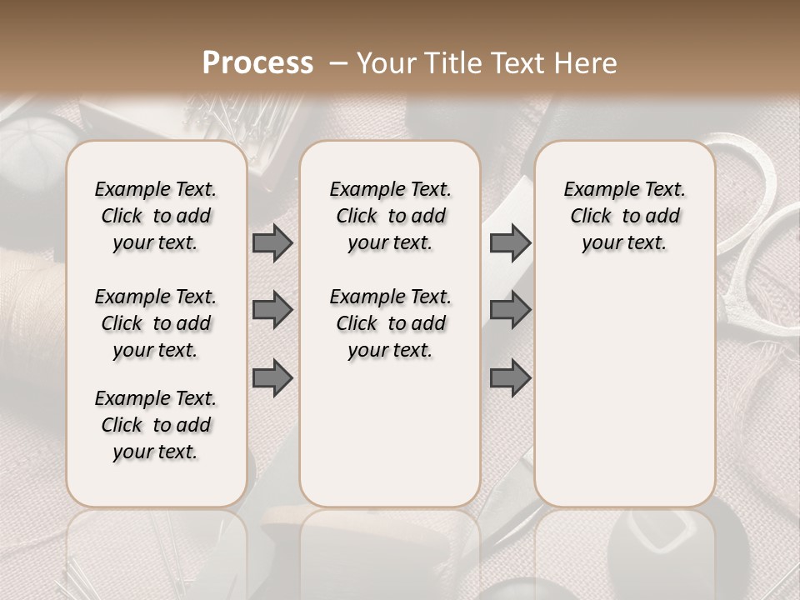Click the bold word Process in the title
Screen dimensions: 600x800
(257, 63)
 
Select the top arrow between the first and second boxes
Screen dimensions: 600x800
(272, 242)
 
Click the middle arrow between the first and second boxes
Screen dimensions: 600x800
(272, 310)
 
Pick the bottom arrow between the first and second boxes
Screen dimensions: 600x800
(272, 377)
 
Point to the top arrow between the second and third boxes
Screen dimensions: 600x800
(510, 242)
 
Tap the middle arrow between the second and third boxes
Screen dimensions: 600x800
(510, 310)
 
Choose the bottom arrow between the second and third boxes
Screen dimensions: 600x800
(510, 377)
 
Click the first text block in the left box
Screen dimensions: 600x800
(156, 216)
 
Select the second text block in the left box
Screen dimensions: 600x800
(156, 323)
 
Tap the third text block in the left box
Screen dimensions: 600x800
(156, 425)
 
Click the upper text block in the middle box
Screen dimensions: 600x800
(391, 216)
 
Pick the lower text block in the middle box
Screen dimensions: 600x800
(391, 323)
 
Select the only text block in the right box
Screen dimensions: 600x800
(625, 216)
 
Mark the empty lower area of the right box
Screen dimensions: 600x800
(625, 392)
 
